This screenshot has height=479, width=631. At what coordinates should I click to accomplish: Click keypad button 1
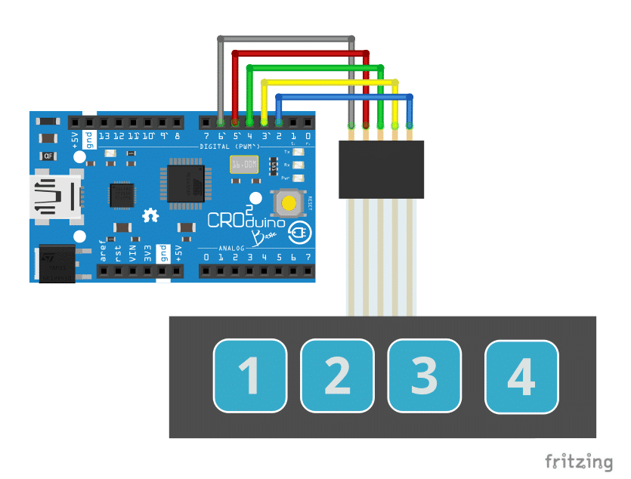(250, 376)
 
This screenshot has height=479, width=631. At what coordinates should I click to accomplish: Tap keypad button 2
(338, 376)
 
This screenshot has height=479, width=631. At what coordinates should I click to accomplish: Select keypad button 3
(424, 376)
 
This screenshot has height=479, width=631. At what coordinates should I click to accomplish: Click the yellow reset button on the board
(289, 202)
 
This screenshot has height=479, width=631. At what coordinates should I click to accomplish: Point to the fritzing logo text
(579, 462)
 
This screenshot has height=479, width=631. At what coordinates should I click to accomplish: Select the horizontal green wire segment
(314, 67)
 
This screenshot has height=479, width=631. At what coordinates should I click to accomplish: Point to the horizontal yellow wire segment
(329, 82)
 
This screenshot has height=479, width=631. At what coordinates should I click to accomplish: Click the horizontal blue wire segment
(345, 96)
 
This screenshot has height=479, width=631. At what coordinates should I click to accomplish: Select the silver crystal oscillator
(244, 164)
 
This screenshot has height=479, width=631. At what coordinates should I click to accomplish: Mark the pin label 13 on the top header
(104, 137)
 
